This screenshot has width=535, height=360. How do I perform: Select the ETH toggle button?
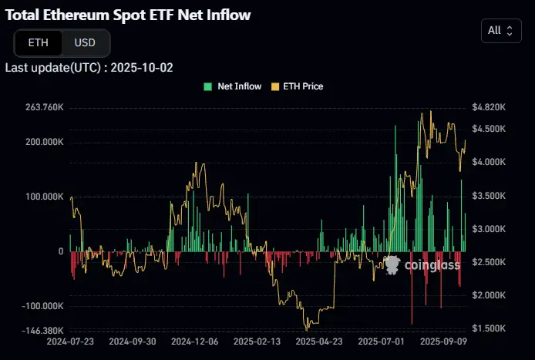[38, 42]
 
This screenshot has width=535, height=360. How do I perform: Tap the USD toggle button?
[85, 42]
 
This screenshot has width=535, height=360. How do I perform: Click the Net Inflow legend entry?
[233, 86]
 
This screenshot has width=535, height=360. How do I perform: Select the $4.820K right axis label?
[489, 107]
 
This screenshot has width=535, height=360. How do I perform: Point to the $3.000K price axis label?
[489, 229]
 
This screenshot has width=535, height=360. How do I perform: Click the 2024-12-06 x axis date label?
[194, 340]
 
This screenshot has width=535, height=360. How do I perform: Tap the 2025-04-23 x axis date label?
[319, 340]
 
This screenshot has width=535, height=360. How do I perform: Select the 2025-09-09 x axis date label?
[444, 340]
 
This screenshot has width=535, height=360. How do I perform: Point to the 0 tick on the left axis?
[60, 251]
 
